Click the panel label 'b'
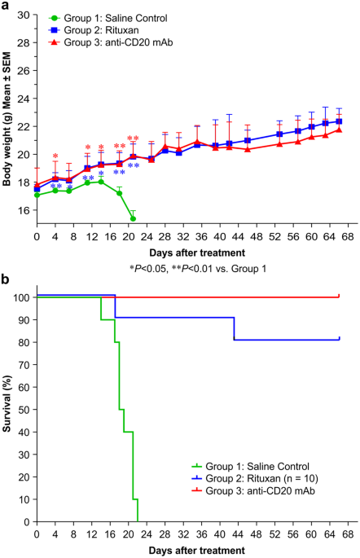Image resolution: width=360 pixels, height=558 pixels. [6, 279]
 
